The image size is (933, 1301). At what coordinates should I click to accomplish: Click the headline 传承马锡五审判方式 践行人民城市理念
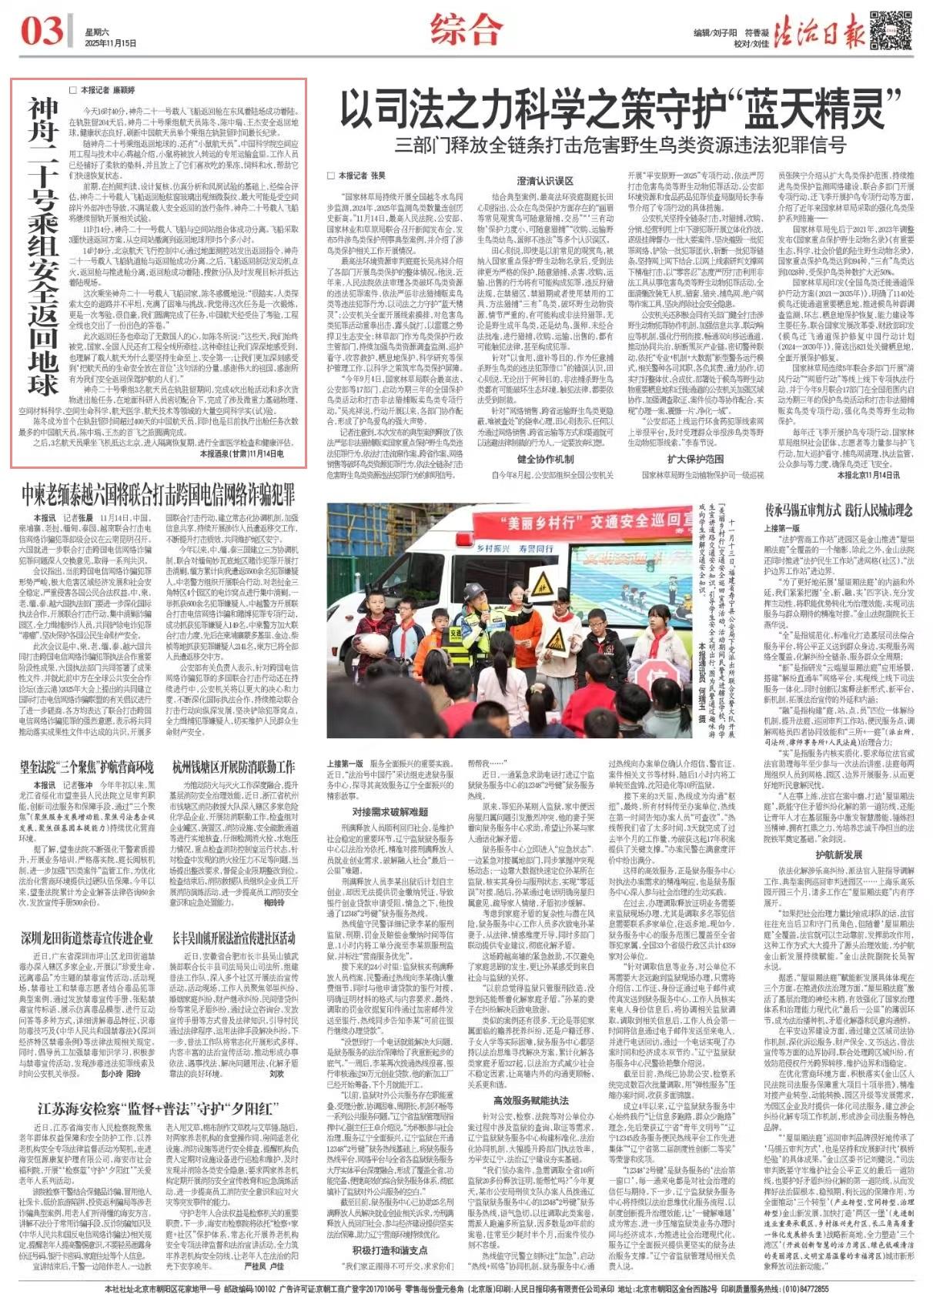pyautogui.click(x=838, y=510)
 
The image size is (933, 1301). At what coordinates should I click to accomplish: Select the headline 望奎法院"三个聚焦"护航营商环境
pyautogui.click(x=86, y=767)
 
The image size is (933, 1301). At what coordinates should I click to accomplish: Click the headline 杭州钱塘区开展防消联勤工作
pyautogui.click(x=234, y=767)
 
